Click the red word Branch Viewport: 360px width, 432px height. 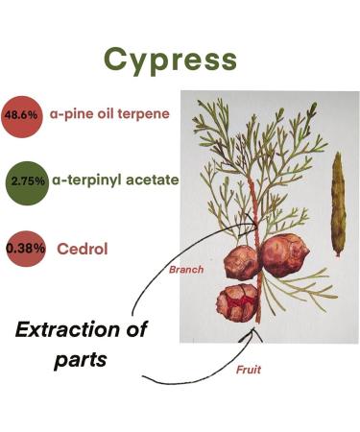coord(185,270)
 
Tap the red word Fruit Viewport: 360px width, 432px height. coord(248,367)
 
